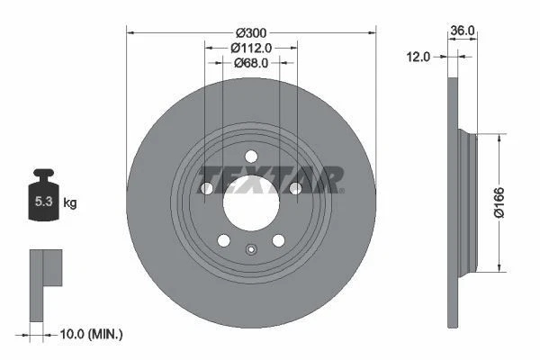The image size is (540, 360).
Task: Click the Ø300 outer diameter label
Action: [x=251, y=32]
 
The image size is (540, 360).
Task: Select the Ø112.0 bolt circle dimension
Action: [x=251, y=48]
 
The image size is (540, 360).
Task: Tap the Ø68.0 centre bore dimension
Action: [x=251, y=63]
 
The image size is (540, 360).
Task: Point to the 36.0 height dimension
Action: [x=463, y=31]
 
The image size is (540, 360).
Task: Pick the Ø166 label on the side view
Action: [x=509, y=202]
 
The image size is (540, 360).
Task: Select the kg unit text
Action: [x=69, y=203]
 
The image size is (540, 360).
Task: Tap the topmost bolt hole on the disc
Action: [x=251, y=156]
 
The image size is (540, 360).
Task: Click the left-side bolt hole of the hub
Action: [x=207, y=188]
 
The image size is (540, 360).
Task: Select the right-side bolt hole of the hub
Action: [x=294, y=188]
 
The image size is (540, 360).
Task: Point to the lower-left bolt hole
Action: [x=223, y=240]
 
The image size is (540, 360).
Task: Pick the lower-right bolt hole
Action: [x=278, y=240]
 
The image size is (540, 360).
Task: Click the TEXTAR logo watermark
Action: [x=270, y=178]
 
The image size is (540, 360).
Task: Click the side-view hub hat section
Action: [x=465, y=202]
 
